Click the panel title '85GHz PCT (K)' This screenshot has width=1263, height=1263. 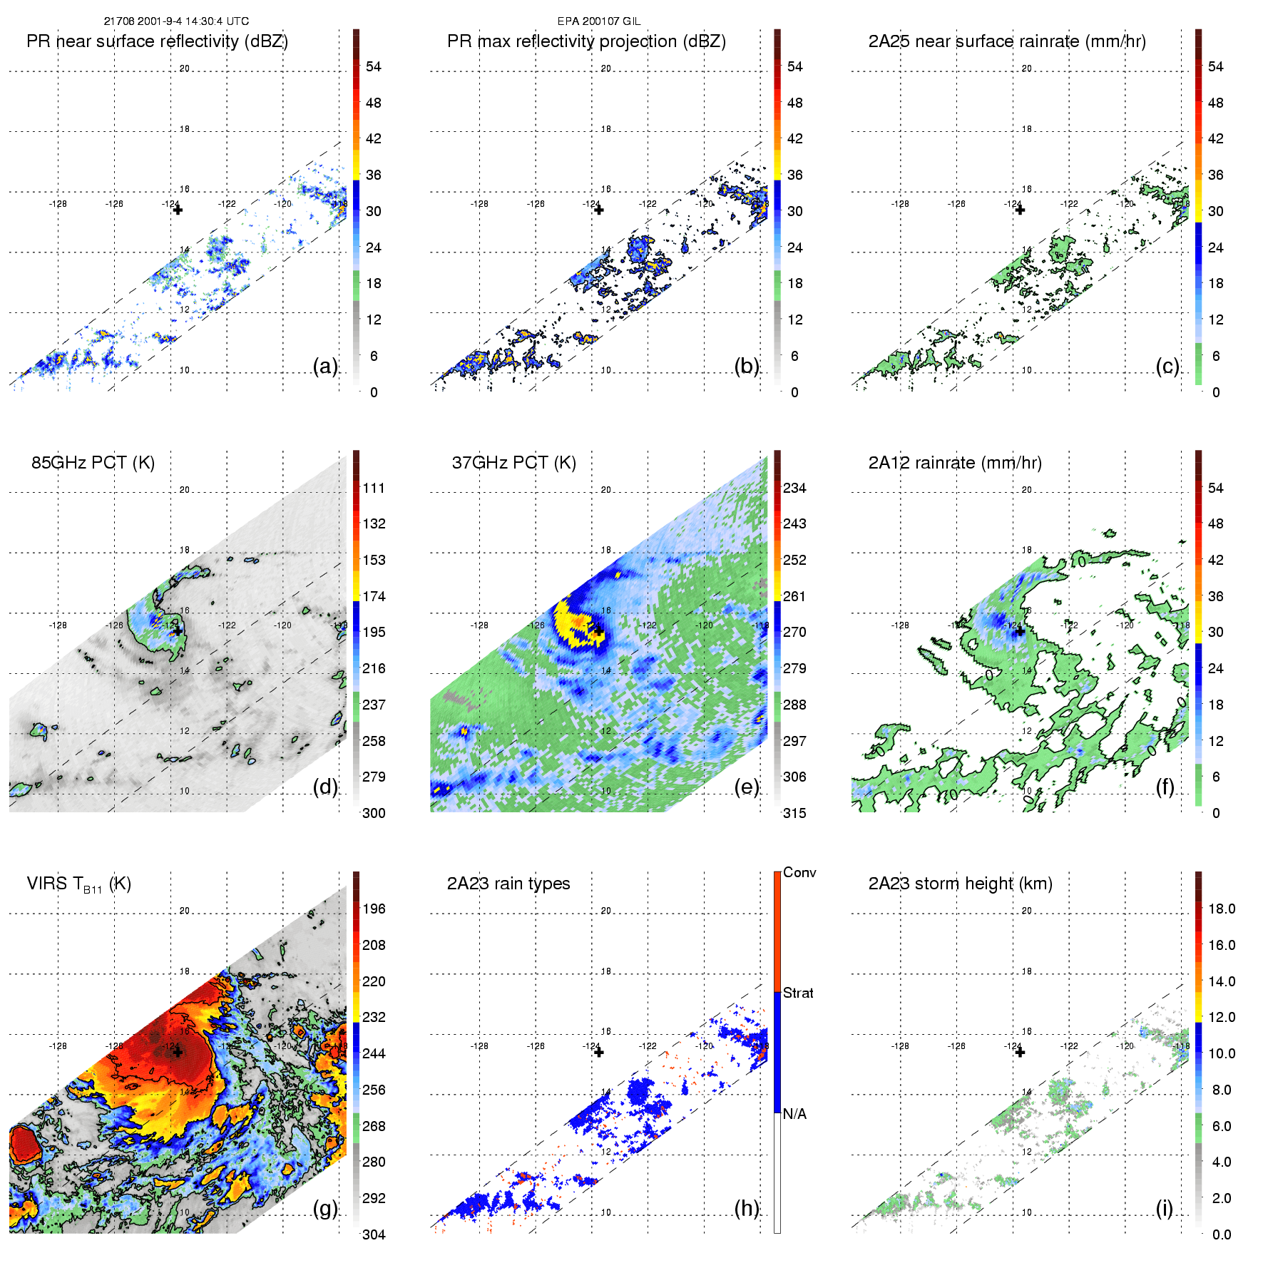click(93, 463)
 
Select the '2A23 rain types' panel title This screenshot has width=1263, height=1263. click(508, 884)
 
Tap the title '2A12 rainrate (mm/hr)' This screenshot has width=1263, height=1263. click(955, 463)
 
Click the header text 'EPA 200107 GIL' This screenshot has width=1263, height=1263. click(599, 21)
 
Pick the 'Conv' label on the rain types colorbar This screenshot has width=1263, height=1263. click(799, 872)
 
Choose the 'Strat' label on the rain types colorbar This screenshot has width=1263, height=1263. click(798, 993)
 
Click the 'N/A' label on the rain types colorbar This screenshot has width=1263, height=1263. click(794, 1114)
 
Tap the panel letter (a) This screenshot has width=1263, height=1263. click(325, 366)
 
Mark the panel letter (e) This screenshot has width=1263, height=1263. click(747, 787)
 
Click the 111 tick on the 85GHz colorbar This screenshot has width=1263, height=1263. click(374, 488)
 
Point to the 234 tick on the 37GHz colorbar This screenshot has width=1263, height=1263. click(794, 488)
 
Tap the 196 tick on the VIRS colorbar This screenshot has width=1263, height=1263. click(374, 909)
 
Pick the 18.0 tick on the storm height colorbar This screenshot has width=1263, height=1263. click(1222, 909)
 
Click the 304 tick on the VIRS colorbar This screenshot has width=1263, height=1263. click(374, 1234)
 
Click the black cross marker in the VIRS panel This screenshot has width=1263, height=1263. click(178, 1052)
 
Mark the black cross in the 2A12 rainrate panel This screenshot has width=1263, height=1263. click(1020, 631)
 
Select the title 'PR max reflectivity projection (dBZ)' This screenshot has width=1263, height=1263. click(586, 41)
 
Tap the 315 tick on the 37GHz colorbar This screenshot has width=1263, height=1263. click(794, 813)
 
